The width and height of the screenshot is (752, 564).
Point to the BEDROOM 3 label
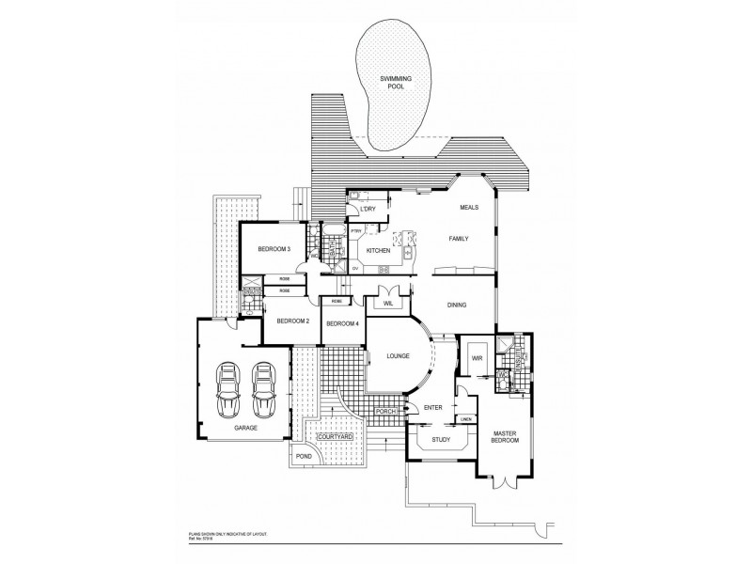pos(274,249)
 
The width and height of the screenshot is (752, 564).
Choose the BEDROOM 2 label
pos(292,321)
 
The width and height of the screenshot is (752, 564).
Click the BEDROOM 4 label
pos(342,323)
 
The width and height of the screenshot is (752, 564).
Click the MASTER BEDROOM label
pos(508,439)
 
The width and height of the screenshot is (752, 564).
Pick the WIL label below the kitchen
pos(387,303)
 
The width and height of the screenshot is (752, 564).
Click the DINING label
pos(458,305)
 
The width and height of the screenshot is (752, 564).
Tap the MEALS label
pos(469,207)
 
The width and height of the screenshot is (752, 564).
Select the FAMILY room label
pos(458,240)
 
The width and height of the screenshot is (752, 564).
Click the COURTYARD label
pos(336,437)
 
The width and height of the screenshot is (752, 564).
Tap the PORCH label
pos(384,411)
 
